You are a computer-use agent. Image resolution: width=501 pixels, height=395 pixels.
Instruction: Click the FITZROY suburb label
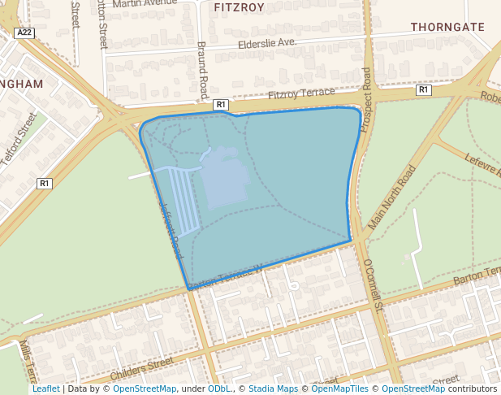(240, 7)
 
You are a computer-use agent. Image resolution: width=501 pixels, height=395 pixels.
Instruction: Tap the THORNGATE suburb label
(447, 27)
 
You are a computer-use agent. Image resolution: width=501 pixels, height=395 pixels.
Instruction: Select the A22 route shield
(25, 33)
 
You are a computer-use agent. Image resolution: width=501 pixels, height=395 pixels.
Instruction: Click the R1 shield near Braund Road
(221, 105)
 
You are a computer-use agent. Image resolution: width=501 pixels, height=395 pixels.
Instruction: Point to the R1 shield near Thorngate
(423, 90)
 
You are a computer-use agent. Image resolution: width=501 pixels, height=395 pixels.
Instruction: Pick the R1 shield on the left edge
(45, 184)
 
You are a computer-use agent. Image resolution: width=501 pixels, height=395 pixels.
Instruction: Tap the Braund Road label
(203, 70)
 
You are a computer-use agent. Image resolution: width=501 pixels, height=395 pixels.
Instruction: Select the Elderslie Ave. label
(267, 43)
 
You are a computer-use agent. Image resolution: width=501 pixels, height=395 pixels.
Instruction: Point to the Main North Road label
(392, 197)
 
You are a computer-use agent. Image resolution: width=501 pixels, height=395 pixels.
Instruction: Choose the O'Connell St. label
(374, 285)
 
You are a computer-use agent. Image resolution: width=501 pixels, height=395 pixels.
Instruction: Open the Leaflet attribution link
(46, 388)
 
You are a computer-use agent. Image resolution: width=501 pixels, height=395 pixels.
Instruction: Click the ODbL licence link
(219, 388)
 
